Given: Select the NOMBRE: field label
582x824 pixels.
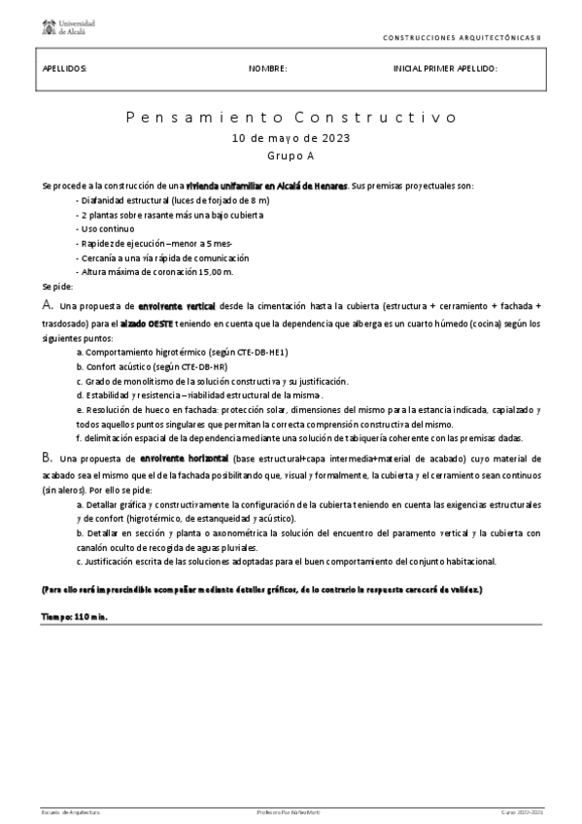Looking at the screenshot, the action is coord(268,69).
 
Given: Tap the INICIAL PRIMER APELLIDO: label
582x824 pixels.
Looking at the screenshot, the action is coord(445,69).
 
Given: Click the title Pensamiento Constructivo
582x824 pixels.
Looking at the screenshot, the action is coord(291,118).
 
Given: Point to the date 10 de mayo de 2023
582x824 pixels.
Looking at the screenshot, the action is coord(291,138).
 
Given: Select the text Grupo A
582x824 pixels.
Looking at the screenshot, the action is coord(291,155).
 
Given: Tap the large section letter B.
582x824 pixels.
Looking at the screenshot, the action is coord(47,457).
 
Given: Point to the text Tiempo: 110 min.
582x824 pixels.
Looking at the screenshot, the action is coord(74,616).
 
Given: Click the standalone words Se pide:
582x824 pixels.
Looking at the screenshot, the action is coord(57,288).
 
